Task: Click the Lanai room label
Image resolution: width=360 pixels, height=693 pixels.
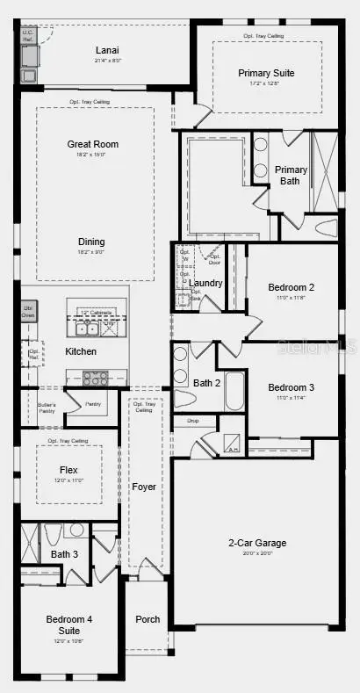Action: (x=106, y=51)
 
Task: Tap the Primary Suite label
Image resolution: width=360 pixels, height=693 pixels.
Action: (x=266, y=73)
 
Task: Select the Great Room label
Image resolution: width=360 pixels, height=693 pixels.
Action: (x=93, y=144)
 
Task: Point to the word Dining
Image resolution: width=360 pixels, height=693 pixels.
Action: (x=90, y=242)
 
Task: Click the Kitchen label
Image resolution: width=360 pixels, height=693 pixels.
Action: (x=81, y=351)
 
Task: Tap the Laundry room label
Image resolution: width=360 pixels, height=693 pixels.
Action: (x=206, y=283)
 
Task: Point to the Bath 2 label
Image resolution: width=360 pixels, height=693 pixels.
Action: (x=207, y=382)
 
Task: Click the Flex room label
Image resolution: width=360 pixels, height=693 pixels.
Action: (x=68, y=469)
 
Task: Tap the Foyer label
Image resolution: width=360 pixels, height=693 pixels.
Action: (x=143, y=486)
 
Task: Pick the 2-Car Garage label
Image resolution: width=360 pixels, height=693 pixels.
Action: (x=257, y=543)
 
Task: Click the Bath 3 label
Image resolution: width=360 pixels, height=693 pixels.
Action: (x=64, y=554)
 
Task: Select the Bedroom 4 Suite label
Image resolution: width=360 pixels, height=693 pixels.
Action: (x=68, y=624)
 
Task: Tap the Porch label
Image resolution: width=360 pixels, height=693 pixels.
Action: (x=148, y=619)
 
